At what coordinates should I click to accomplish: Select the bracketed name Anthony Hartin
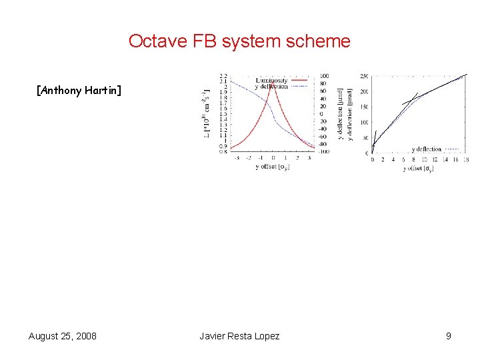click(79, 90)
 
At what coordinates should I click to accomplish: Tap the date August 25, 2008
click(62, 336)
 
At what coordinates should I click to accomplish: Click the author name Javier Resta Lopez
click(239, 336)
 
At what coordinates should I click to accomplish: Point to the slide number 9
click(449, 336)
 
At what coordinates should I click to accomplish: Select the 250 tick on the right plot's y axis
click(364, 75)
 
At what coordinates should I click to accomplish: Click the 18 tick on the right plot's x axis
click(465, 160)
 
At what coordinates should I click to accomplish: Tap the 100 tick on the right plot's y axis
click(364, 122)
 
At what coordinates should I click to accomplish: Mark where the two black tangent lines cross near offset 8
click(413, 99)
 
